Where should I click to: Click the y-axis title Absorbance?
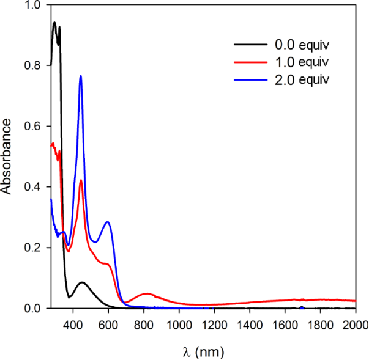pyautogui.click(x=7, y=156)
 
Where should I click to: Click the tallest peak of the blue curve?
pyautogui.click(x=81, y=76)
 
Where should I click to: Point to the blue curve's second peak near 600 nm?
pyautogui.click(x=108, y=222)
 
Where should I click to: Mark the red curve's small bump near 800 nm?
pyautogui.click(x=147, y=294)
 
